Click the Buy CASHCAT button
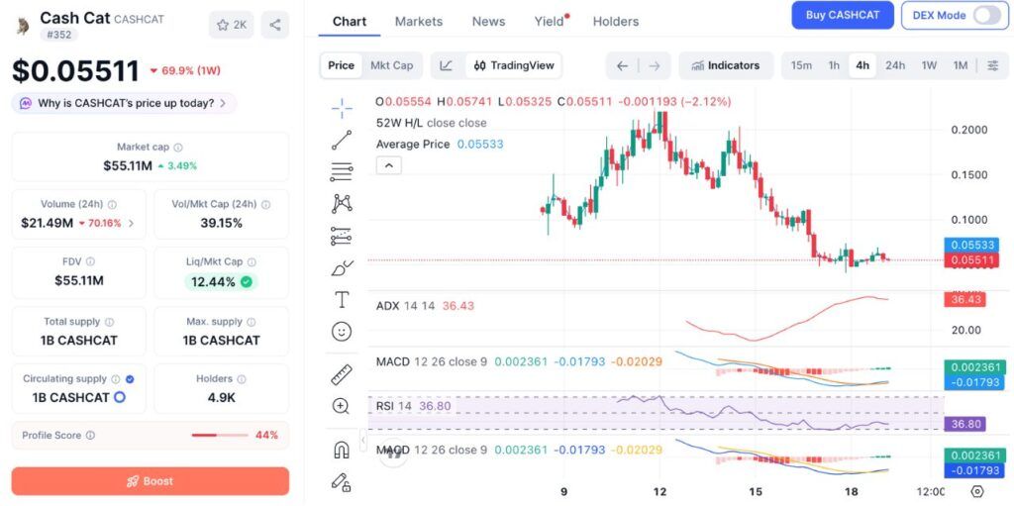tap(843, 15)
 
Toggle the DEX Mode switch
tap(987, 15)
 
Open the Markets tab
tap(419, 22)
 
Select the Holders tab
tap(616, 22)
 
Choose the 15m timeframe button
tap(801, 65)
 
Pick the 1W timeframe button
tap(929, 65)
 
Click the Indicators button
tap(726, 65)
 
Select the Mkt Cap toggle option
tap(391, 65)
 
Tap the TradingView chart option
tap(514, 65)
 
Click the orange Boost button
tap(151, 481)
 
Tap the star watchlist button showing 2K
tap(232, 25)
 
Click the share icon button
tap(275, 25)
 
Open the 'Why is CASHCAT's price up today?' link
tap(124, 103)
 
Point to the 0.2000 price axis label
tap(968, 130)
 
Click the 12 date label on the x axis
tap(659, 492)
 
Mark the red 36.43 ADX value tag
tap(964, 300)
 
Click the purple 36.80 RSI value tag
tap(964, 425)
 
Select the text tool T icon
tap(342, 300)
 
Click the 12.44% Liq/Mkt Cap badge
tap(221, 282)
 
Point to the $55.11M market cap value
tap(128, 165)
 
